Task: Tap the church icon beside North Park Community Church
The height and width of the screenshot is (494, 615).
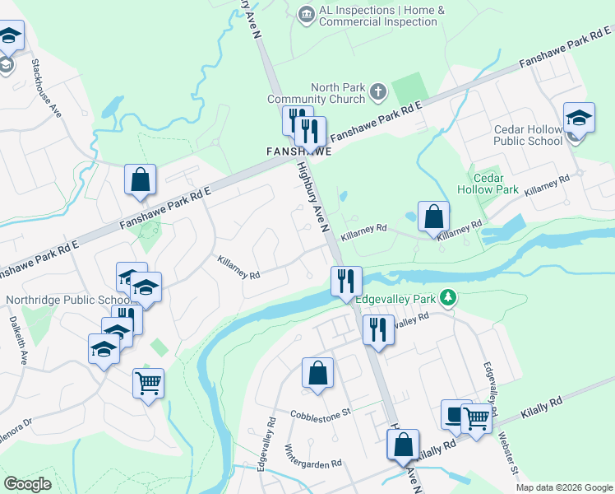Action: coord(377,91)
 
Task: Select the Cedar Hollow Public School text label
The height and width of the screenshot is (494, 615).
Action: coord(528,135)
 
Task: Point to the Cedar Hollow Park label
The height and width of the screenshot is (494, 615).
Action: coord(495,184)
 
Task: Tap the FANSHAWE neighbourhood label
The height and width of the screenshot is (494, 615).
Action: coord(298,152)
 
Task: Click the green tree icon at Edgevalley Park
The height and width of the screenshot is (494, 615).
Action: coord(448,296)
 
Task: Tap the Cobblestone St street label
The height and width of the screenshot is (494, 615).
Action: coord(320,412)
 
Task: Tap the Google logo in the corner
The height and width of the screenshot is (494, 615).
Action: coord(27,483)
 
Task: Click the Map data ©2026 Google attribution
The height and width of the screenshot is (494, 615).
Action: coord(564,487)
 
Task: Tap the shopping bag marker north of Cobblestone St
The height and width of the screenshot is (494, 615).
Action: coord(317,374)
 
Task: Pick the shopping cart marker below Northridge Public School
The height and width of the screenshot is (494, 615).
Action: coord(148,382)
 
